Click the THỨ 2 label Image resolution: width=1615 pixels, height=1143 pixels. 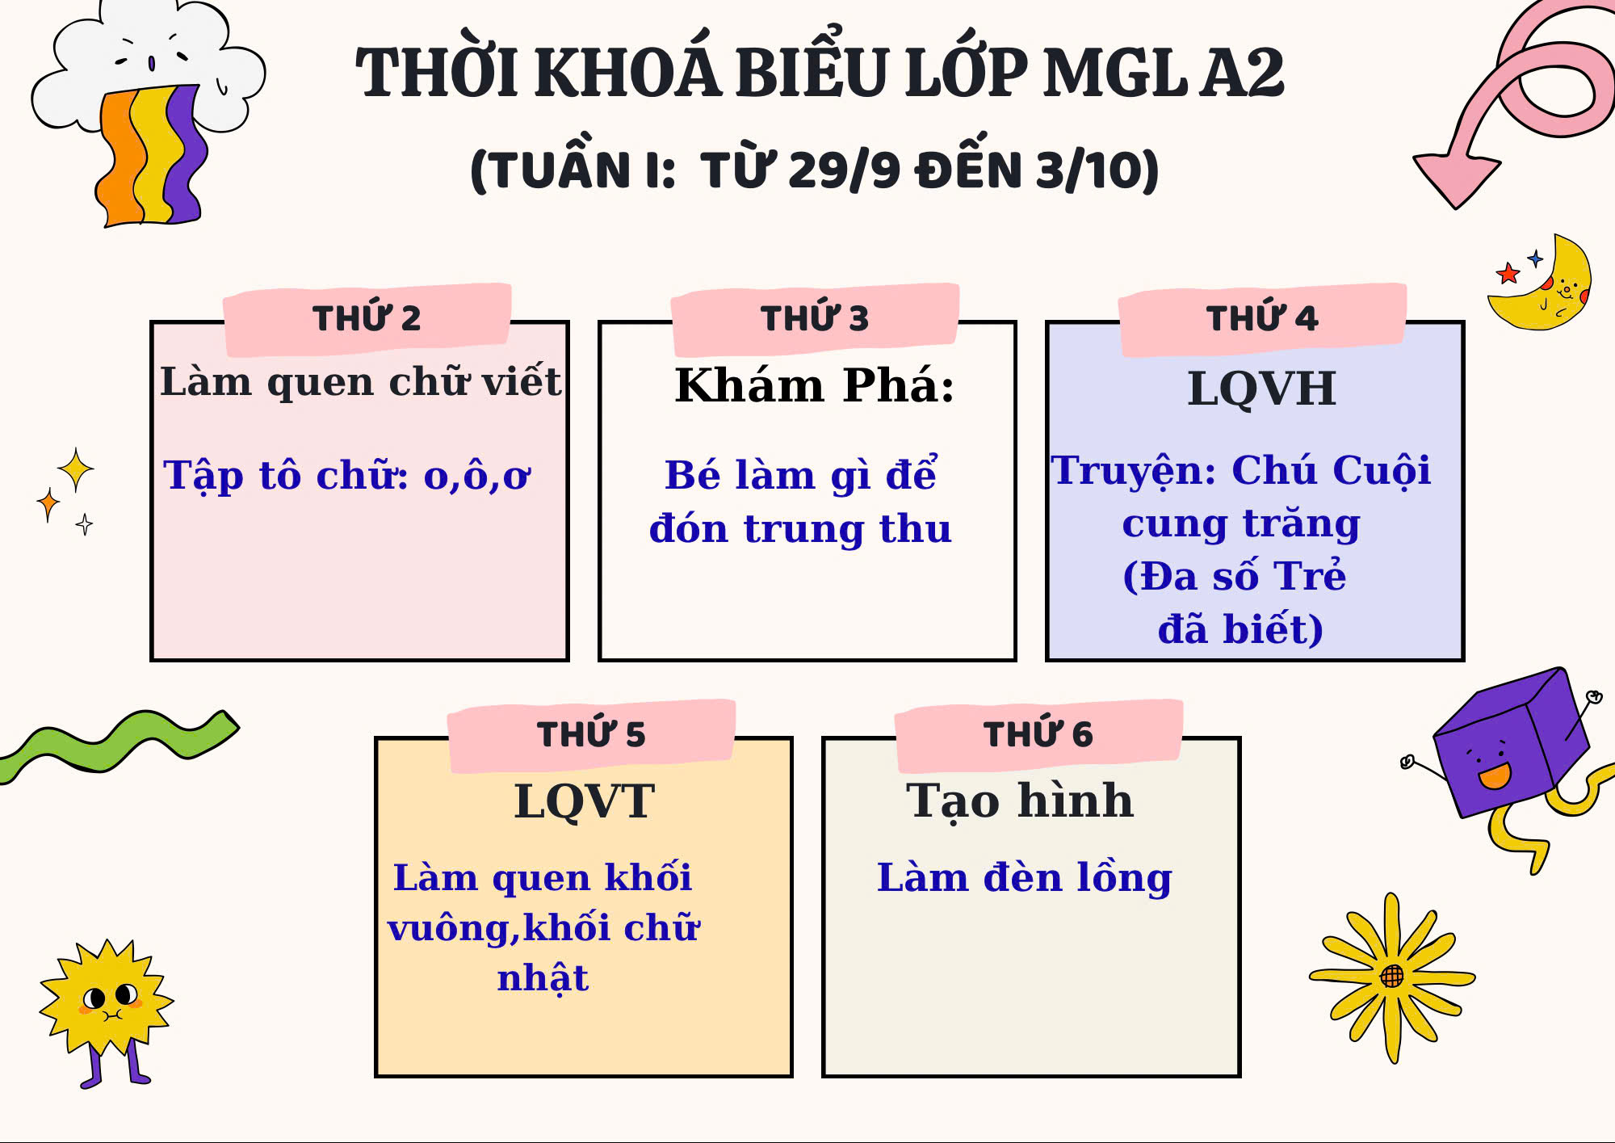point(367,318)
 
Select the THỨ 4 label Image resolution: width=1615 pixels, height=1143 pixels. point(1262,318)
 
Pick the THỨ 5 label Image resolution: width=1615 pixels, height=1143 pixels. point(591,734)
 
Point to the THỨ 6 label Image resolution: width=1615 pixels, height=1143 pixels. point(1038,734)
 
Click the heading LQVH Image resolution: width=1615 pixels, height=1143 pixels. point(1261,389)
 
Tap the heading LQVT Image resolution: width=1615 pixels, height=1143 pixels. point(584,802)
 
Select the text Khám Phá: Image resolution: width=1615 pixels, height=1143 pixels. point(814,385)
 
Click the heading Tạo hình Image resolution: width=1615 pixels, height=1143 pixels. point(1020,801)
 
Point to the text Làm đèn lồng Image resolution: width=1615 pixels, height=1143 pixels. point(1024,879)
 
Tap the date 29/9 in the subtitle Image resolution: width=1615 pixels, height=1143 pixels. point(843,170)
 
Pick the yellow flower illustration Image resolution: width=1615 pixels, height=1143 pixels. point(1392,977)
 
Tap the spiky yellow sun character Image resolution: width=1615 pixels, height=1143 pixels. point(107,1002)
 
